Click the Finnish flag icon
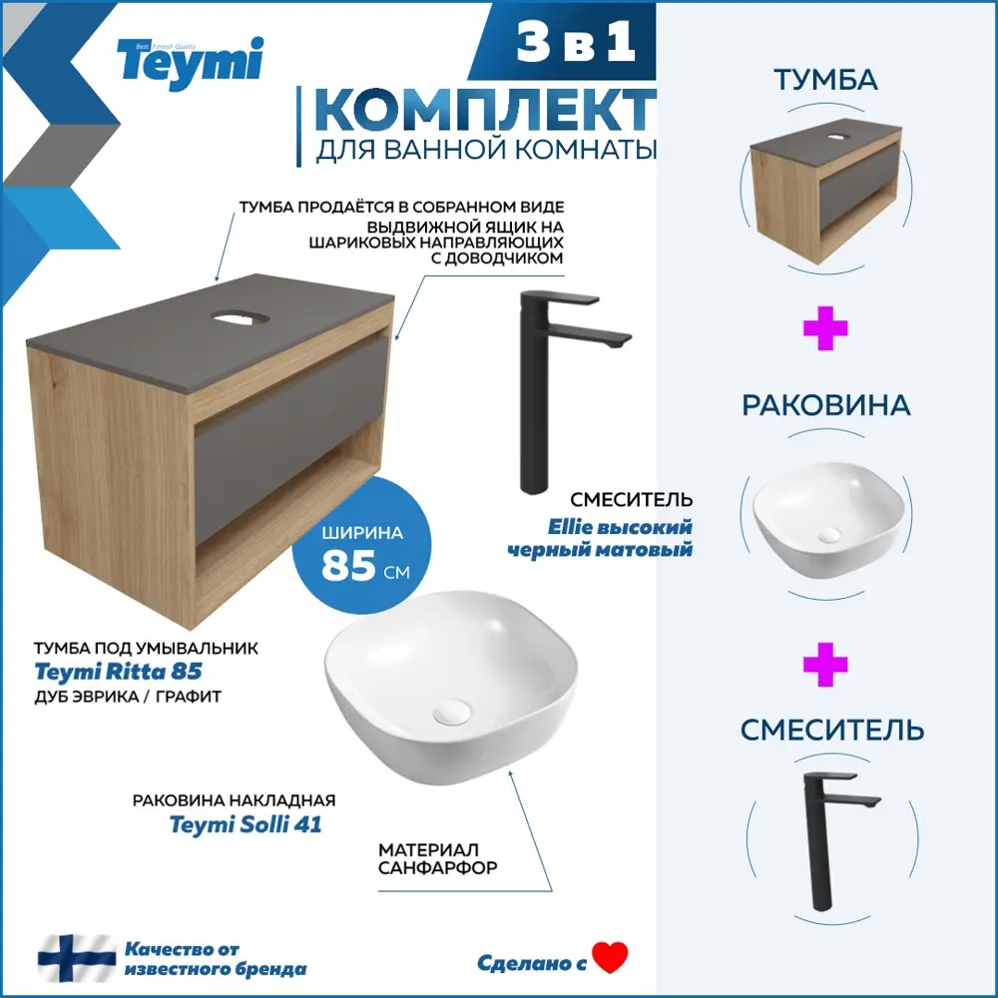pyautogui.click(x=77, y=958)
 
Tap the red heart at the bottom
pyautogui.click(x=610, y=959)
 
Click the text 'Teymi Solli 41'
pyautogui.click(x=246, y=824)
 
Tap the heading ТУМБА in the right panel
pyautogui.click(x=825, y=80)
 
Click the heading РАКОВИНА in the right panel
pyautogui.click(x=825, y=405)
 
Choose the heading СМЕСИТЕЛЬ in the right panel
pyautogui.click(x=832, y=730)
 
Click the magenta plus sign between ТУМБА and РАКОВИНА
pyautogui.click(x=825, y=331)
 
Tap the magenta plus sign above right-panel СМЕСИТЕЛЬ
pyautogui.click(x=825, y=666)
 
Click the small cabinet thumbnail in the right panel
pyautogui.click(x=825, y=190)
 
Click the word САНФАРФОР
pyautogui.click(x=437, y=868)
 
